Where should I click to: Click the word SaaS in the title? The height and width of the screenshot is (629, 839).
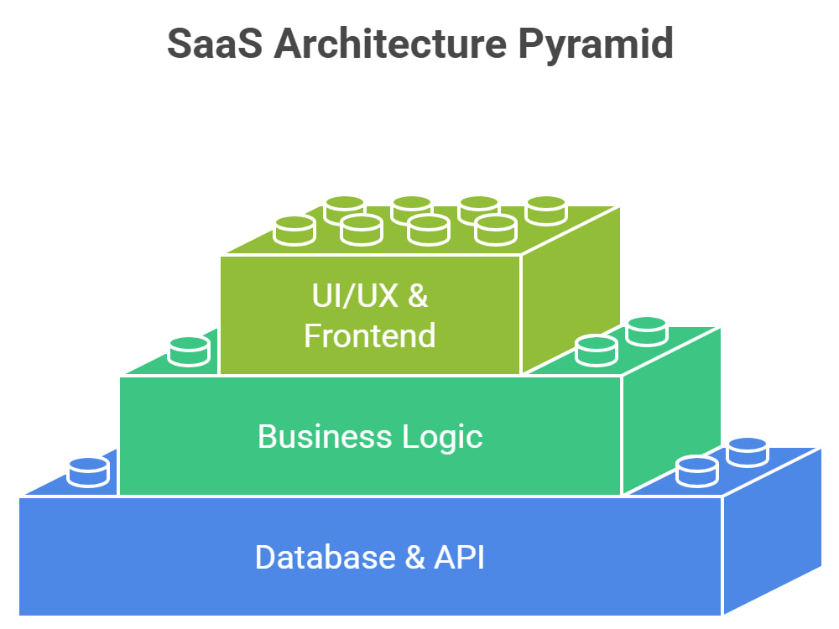click(x=215, y=44)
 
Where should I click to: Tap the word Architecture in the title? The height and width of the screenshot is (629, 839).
click(x=390, y=43)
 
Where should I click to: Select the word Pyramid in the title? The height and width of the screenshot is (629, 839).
click(x=596, y=46)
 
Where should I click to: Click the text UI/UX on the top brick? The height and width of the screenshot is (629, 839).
click(x=355, y=295)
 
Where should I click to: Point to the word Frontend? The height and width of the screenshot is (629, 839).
click(x=370, y=336)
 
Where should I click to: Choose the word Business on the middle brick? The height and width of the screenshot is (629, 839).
click(x=325, y=436)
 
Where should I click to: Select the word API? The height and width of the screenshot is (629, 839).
click(x=459, y=558)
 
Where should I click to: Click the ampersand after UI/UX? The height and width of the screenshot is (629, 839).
click(x=418, y=295)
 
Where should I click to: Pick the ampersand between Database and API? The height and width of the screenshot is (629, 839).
click(x=415, y=558)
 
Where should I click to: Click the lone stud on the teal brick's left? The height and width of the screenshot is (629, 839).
click(x=189, y=351)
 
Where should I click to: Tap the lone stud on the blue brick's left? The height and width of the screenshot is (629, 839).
click(x=88, y=472)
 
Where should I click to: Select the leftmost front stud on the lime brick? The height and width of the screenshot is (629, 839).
click(x=294, y=231)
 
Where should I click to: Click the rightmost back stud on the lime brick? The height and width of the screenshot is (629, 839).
click(x=546, y=211)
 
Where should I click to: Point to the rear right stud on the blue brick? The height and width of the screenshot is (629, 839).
click(x=748, y=452)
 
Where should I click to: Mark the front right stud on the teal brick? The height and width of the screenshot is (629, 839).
click(x=596, y=351)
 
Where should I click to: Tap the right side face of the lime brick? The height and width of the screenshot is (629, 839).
click(x=571, y=289)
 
